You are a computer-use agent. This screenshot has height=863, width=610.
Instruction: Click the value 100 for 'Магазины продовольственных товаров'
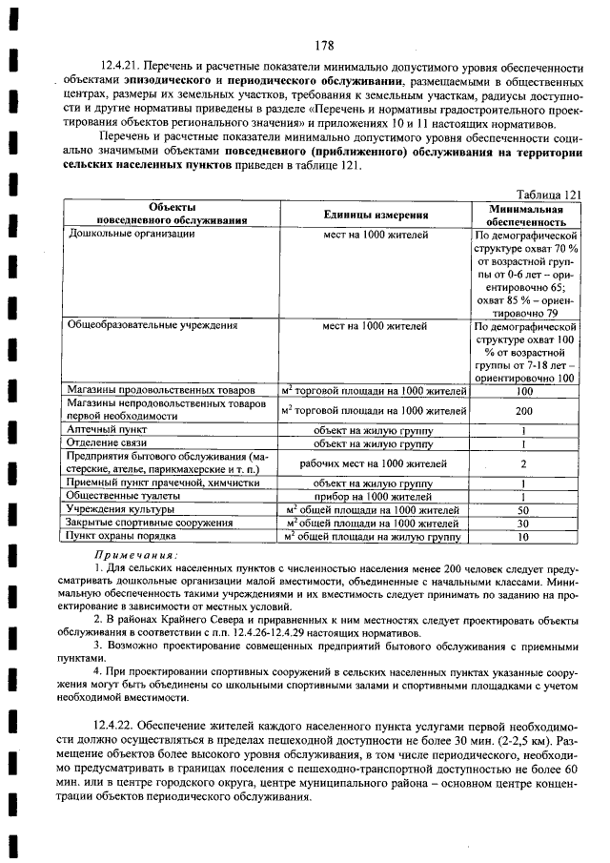click(524, 391)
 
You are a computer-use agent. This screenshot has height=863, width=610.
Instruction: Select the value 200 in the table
click(524, 411)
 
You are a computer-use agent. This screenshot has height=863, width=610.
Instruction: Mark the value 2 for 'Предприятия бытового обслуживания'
click(524, 463)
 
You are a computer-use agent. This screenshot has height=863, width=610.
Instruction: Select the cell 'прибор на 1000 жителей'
click(375, 497)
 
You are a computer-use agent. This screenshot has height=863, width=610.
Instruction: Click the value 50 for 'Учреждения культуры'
click(524, 510)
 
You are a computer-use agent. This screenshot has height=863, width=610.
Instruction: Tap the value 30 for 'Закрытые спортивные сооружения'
click(524, 524)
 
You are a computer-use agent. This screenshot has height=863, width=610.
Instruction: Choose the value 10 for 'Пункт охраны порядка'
click(524, 537)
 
